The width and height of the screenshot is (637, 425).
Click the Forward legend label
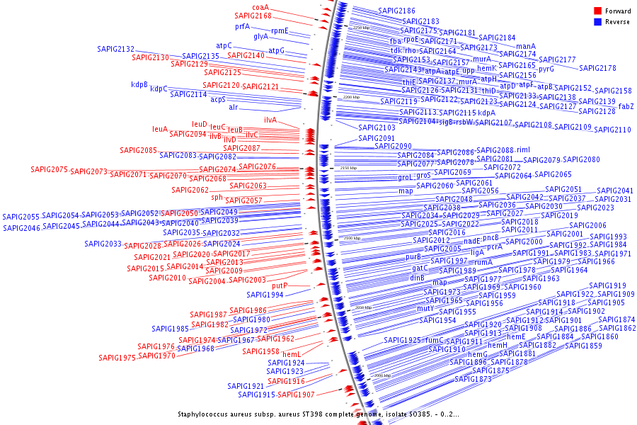pos(618,11)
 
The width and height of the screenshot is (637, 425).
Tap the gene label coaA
pos(261,7)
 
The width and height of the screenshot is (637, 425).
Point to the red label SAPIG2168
pos(253,16)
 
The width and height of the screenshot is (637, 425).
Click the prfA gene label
pos(243,27)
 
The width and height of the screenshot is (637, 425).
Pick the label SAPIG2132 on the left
pos(115,50)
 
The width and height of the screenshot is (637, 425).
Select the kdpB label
pos(139,85)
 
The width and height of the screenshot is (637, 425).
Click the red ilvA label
pos(270,120)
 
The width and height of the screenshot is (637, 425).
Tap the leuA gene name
pos(160,130)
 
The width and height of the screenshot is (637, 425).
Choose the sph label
pos(217,198)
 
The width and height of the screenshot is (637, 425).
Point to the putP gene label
pos(280,286)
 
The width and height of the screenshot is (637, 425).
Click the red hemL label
pos(292,353)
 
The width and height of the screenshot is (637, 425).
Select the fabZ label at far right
pos(626,107)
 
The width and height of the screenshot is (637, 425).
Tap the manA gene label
pos(526,47)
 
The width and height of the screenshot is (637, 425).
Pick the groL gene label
pos(405,178)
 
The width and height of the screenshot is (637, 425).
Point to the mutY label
pos(425,309)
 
